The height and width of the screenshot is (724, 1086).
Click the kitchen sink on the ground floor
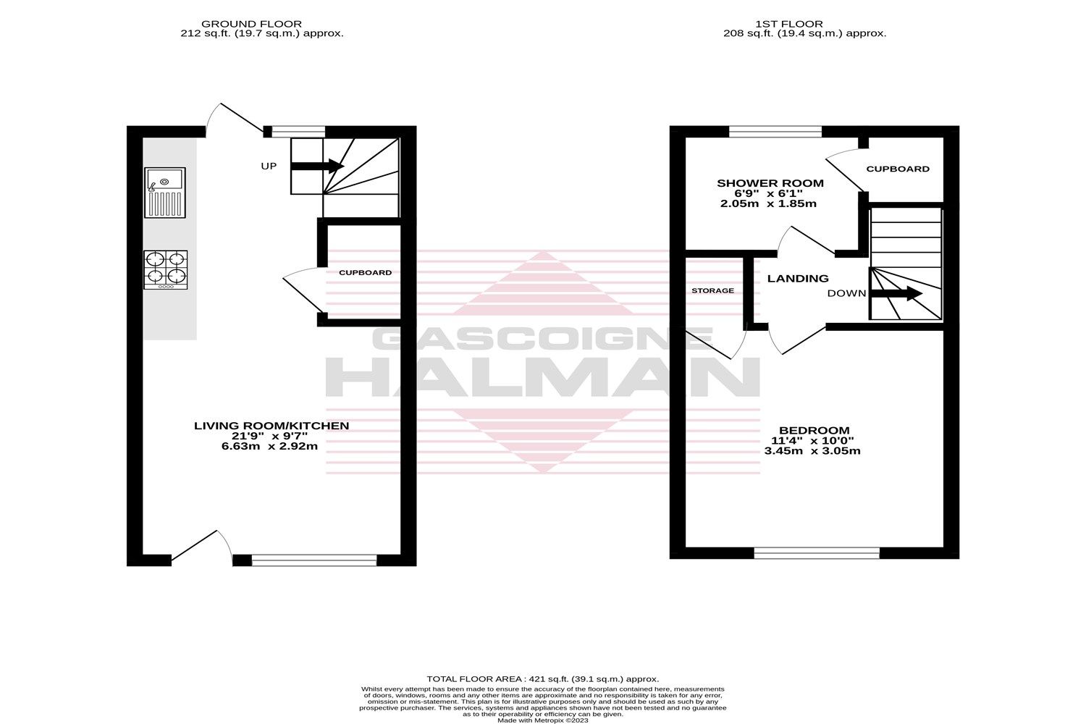pyautogui.click(x=165, y=192)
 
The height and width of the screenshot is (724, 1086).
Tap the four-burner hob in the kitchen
pyautogui.click(x=166, y=269)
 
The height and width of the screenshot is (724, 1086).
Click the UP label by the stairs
pyautogui.click(x=269, y=167)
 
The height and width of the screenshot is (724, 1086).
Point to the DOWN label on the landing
pyautogui.click(x=846, y=293)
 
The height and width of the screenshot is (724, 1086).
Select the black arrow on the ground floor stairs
pyautogui.click(x=317, y=166)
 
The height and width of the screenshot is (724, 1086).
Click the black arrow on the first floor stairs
pyautogui.click(x=896, y=293)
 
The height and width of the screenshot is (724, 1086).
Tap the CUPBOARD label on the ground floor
pyautogui.click(x=366, y=273)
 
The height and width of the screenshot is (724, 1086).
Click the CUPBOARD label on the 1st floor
pyautogui.click(x=898, y=169)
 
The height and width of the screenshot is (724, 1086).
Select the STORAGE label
pyautogui.click(x=712, y=290)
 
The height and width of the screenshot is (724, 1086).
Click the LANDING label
pyautogui.click(x=798, y=278)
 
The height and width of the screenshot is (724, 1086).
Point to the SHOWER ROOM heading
pyautogui.click(x=770, y=183)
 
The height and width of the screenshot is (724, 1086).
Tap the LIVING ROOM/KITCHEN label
pyautogui.click(x=271, y=426)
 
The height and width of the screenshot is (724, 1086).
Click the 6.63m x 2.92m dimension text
pyautogui.click(x=269, y=447)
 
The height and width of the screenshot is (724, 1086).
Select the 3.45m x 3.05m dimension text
pyautogui.click(x=812, y=450)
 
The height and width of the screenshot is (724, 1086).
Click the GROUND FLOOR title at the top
pyautogui.click(x=251, y=24)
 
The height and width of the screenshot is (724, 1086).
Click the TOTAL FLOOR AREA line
pyautogui.click(x=543, y=678)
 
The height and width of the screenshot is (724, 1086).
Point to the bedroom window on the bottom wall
pyautogui.click(x=817, y=553)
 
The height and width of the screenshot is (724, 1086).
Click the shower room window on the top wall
pyautogui.click(x=775, y=131)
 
